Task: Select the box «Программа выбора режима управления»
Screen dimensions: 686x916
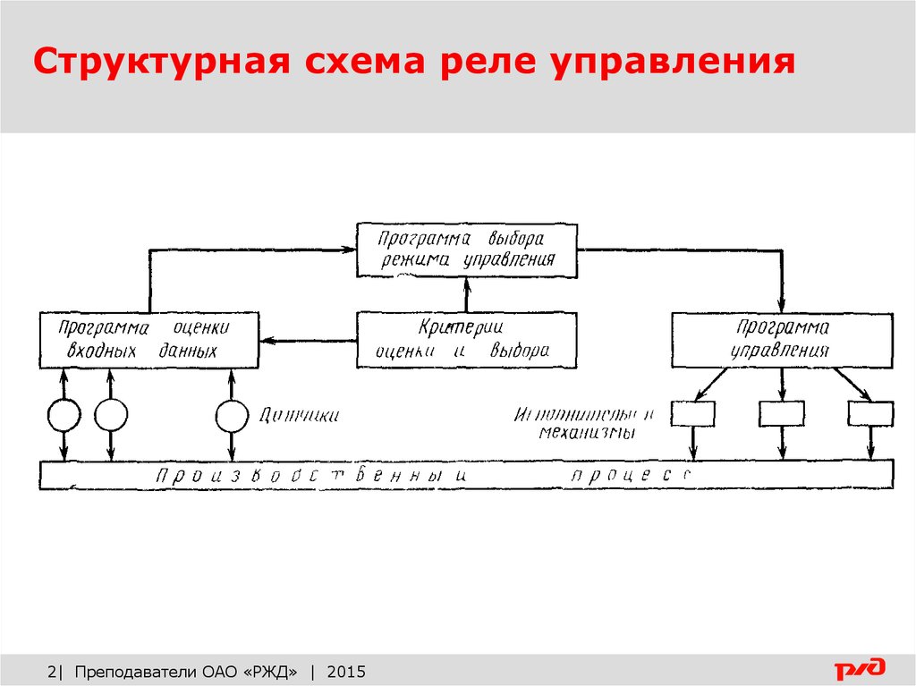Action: pos(466,250)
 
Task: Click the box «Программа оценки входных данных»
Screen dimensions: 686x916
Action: pos(149,339)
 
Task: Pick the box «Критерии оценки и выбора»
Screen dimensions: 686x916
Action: pos(466,339)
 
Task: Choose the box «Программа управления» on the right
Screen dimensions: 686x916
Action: pos(782,339)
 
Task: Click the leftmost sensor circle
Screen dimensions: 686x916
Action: pos(64,414)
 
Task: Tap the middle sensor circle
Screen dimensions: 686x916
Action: pos(111,414)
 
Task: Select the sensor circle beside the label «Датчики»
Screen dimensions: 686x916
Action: pos(232,414)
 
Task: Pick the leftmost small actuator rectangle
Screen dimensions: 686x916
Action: pos(693,414)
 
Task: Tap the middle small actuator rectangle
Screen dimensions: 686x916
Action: pos(782,414)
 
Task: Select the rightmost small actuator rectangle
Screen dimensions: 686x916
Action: pos(870,414)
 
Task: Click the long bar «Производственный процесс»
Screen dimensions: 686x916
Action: pos(466,474)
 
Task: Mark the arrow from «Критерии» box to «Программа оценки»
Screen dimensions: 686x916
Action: pos(308,340)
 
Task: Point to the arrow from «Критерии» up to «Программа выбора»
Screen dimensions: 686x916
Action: pos(466,294)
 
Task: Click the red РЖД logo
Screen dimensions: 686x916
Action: pos(860,667)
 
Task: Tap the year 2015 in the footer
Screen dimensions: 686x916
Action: pos(347,672)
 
